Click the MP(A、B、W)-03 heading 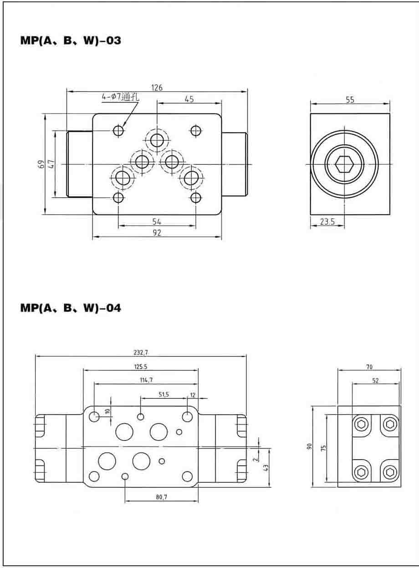pos(71,41)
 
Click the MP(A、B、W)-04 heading pos(71,308)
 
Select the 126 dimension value pos(157,88)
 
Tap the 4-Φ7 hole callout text pos(120,97)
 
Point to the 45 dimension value pos(189,99)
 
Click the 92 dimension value pos(157,233)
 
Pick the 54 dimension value pos(157,221)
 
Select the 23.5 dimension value pos(327,221)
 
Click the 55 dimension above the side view pos(350,100)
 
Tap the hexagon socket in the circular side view pos(344,164)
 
